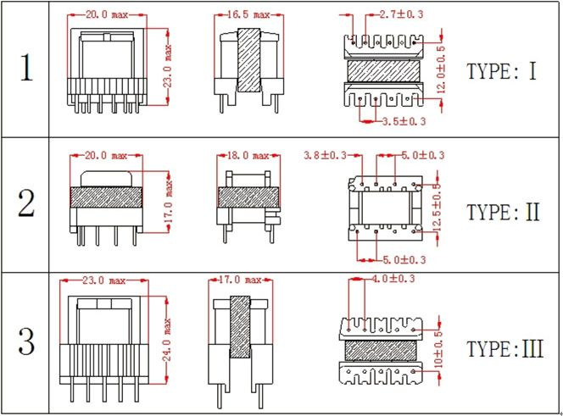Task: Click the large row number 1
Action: point(26,68)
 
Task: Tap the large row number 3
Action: point(26,341)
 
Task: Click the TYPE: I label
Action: point(502,71)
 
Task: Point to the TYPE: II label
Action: point(503,212)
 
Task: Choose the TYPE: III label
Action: point(504,349)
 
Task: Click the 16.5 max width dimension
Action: point(248,14)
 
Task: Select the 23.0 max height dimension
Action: point(168,66)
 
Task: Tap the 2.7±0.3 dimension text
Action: point(401,14)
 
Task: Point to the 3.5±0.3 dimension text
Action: point(404,121)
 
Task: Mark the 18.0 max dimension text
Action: point(248,156)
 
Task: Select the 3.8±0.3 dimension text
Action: point(325,155)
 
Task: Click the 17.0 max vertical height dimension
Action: point(169,202)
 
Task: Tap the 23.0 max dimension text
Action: point(104,280)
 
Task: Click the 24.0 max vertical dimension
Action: point(167,340)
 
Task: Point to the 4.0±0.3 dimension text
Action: point(393,279)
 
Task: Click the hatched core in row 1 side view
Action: point(248,60)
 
